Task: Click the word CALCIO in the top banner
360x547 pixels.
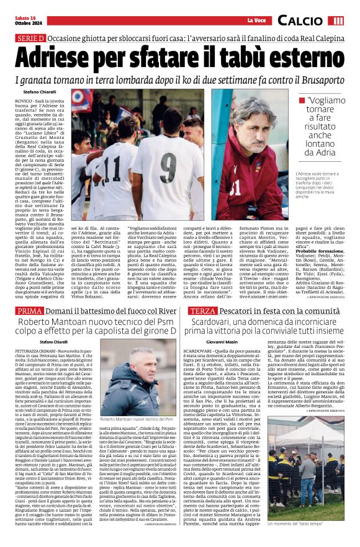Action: coord(301,20)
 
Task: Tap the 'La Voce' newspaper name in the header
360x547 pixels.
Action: coord(255,21)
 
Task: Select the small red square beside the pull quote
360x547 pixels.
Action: coord(302,100)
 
